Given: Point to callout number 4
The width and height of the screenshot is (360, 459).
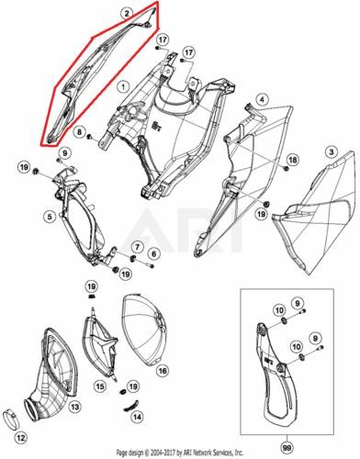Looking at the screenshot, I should click(261, 99).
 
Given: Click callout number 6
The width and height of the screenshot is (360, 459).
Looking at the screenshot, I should click(153, 252).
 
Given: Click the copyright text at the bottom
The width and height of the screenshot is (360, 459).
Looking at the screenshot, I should click(180, 453).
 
